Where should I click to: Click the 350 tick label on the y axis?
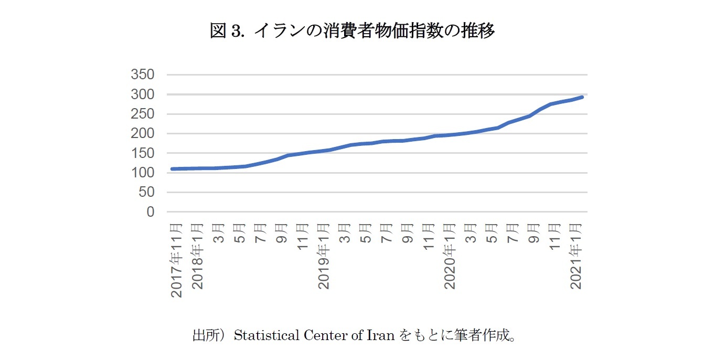pos(143,75)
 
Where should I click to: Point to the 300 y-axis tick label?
pos(143,94)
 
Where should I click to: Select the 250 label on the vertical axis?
pos(143,114)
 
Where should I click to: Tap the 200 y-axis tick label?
pos(143,134)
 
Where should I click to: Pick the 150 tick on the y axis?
pos(143,153)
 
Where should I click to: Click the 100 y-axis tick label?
pos(143,173)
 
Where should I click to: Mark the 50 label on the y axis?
pos(147,193)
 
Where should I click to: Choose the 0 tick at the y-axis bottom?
pos(151,212)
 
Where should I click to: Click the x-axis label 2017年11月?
pos(177,260)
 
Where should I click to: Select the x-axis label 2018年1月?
pos(198,256)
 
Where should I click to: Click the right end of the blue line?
pos(582,97)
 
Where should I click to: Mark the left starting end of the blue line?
pos(172,169)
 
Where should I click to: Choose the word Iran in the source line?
pos(381,335)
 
